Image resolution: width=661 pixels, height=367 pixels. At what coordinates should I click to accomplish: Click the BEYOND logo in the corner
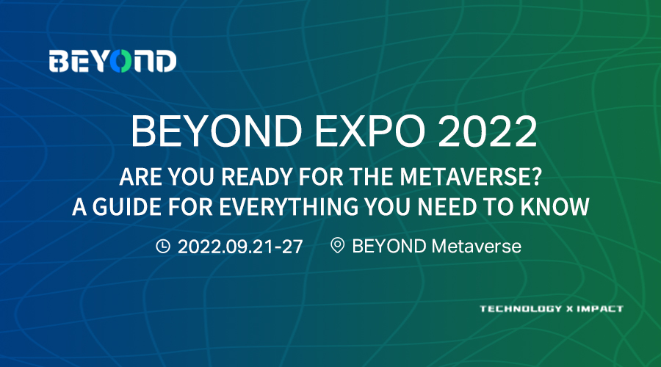(x=112, y=61)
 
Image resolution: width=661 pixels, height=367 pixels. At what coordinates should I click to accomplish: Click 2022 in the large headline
(x=488, y=131)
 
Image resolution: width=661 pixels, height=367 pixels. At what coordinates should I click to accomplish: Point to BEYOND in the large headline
(x=216, y=131)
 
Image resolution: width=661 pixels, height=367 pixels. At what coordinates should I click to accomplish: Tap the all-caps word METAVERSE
(x=463, y=177)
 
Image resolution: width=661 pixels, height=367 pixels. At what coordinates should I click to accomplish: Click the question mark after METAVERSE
(x=534, y=177)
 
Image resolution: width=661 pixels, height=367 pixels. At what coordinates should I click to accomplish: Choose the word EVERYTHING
(x=289, y=207)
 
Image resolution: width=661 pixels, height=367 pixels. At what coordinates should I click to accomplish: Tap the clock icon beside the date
(x=163, y=246)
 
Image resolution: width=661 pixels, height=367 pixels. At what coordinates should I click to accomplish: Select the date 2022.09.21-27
(x=240, y=247)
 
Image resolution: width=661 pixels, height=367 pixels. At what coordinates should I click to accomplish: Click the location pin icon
(x=337, y=245)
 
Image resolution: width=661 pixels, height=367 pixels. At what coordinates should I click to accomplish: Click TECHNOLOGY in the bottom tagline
(x=521, y=309)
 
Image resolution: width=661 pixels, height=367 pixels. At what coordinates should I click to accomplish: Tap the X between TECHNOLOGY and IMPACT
(x=569, y=309)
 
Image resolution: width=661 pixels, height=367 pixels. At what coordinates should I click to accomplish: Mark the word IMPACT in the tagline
(x=600, y=309)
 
